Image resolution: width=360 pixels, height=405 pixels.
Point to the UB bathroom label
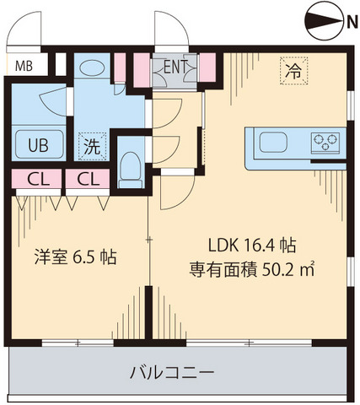(x=38, y=143)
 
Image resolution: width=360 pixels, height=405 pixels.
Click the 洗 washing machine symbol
(x=90, y=145)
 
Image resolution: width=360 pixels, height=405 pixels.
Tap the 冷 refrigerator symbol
(x=292, y=73)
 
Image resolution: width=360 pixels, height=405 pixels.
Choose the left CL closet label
(x=37, y=179)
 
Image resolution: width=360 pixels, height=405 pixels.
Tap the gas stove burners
(x=328, y=141)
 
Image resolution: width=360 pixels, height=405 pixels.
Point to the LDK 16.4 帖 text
(x=251, y=246)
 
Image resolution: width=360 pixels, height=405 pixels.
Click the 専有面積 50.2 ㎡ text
(x=250, y=271)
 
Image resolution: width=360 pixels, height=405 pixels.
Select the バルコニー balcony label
(x=172, y=371)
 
